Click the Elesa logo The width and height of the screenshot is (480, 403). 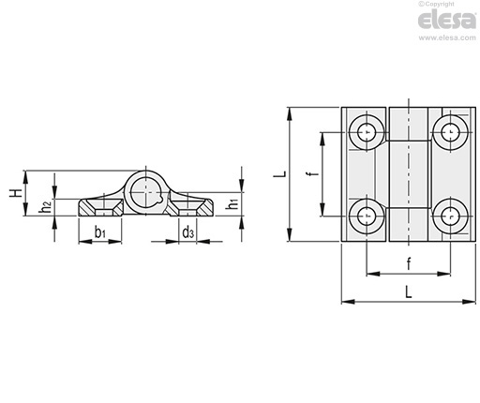click(x=447, y=20)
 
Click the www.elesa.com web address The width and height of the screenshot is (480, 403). click(x=447, y=37)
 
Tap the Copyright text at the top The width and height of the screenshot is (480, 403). click(x=436, y=4)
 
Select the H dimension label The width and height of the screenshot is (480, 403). click(x=15, y=193)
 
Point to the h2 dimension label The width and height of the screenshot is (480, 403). click(x=46, y=207)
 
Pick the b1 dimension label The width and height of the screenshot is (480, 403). click(x=100, y=232)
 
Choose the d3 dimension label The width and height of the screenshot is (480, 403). click(x=187, y=232)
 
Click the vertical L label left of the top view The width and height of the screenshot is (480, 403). click(x=279, y=173)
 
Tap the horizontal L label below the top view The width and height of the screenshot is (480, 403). click(x=408, y=292)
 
